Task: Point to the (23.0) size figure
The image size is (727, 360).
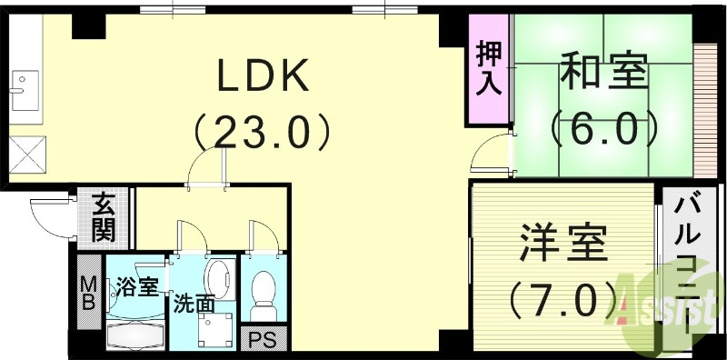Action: click(263, 135)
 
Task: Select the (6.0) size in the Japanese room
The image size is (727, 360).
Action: click(603, 129)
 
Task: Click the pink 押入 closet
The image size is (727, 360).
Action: click(489, 71)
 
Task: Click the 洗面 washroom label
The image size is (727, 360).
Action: click(194, 303)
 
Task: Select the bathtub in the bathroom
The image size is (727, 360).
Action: click(135, 334)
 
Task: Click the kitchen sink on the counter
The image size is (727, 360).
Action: click(20, 86)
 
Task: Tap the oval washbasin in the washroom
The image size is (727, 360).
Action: click(218, 276)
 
